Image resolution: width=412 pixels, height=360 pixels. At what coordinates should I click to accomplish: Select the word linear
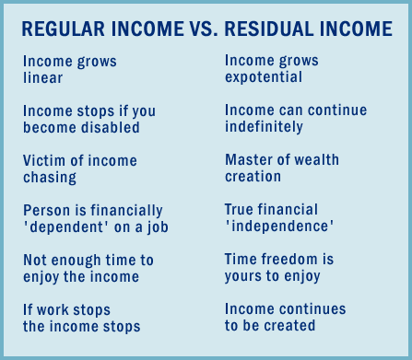tap(43, 78)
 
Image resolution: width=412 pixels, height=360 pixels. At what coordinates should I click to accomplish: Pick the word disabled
tap(109, 128)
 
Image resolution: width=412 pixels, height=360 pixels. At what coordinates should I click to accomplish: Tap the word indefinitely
tap(265, 126)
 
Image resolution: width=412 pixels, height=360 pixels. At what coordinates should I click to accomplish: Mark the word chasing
tap(50, 177)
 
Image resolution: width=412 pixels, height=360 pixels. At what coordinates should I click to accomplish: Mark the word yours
tap(245, 275)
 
